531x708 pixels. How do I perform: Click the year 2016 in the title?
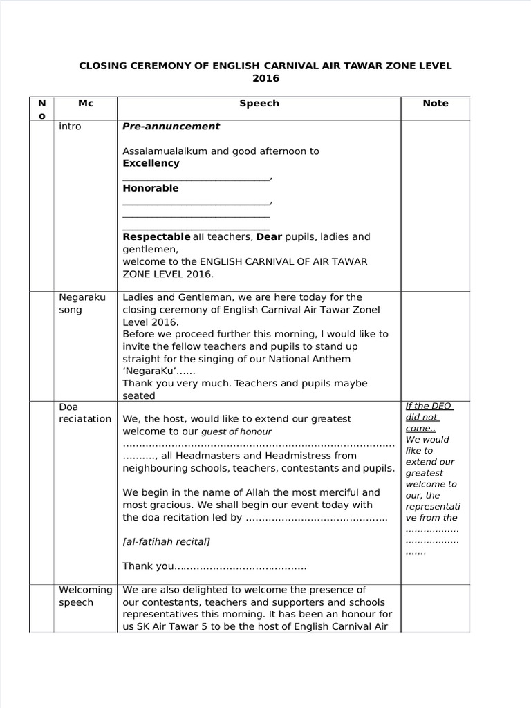[x=265, y=79]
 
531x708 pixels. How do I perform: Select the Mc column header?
[x=86, y=104]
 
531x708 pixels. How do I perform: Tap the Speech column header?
[x=259, y=104]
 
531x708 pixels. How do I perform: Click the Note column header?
[x=436, y=104]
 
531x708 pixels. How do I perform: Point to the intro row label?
[x=70, y=127]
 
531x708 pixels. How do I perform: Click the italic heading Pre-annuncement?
[x=171, y=127]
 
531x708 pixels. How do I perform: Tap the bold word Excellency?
[x=151, y=164]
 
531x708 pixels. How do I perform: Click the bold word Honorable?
[x=151, y=188]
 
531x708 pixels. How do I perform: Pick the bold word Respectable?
[x=156, y=237]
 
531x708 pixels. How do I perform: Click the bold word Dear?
[x=269, y=237]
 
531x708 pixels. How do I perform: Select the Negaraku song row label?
[x=82, y=304]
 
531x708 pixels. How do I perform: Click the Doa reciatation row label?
[x=84, y=413]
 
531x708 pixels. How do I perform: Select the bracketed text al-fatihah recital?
[x=166, y=542]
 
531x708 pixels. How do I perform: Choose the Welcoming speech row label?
[x=85, y=596]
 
